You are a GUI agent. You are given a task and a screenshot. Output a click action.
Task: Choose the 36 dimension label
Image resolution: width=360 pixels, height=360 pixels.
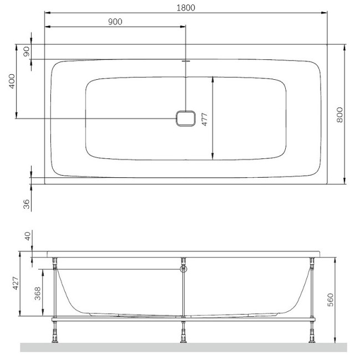pyautogui.click(x=26, y=203)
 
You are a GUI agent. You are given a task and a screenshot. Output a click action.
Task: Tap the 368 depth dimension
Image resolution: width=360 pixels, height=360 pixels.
pyautogui.click(x=36, y=293)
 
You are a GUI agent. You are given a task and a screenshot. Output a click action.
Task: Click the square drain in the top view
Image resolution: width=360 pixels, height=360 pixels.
pyautogui.click(x=186, y=118)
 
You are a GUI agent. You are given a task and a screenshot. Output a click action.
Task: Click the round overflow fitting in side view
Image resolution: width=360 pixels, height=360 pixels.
pyautogui.click(x=183, y=270)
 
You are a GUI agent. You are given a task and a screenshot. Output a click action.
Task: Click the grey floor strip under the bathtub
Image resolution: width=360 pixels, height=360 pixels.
pyautogui.click(x=183, y=347)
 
